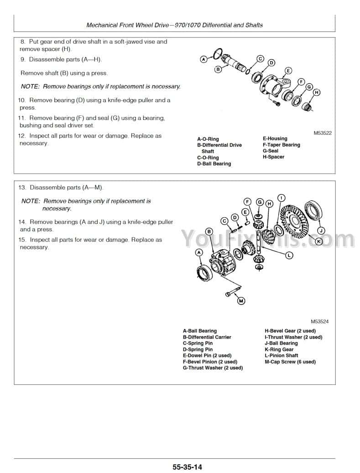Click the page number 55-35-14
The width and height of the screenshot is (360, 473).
(187, 467)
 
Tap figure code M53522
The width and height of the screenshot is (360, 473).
(322, 133)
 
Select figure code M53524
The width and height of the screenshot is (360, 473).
(320, 321)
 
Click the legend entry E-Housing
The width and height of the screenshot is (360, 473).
(275, 138)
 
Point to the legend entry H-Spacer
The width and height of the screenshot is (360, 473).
(273, 157)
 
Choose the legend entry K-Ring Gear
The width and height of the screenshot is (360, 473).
(279, 349)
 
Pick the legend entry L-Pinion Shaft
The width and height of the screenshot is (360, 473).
(282, 355)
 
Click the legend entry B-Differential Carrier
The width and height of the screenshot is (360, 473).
(207, 337)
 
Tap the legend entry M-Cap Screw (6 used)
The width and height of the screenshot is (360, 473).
(290, 362)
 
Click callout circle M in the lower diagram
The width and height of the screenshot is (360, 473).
(240, 300)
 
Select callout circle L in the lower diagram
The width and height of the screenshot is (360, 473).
(289, 256)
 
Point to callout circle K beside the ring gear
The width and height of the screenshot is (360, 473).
(319, 241)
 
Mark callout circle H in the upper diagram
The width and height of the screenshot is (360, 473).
(316, 92)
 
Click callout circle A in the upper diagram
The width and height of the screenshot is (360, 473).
(204, 58)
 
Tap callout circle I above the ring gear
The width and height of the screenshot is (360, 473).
(282, 198)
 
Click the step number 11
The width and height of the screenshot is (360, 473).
(21, 118)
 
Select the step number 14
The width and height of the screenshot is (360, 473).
(21, 222)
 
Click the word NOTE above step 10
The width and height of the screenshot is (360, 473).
(30, 86)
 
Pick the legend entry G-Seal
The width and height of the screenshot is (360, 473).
(270, 151)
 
